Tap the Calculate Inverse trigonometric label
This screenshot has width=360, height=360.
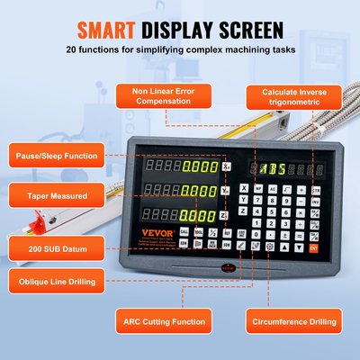290,96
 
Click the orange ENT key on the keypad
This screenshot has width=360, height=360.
314,247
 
